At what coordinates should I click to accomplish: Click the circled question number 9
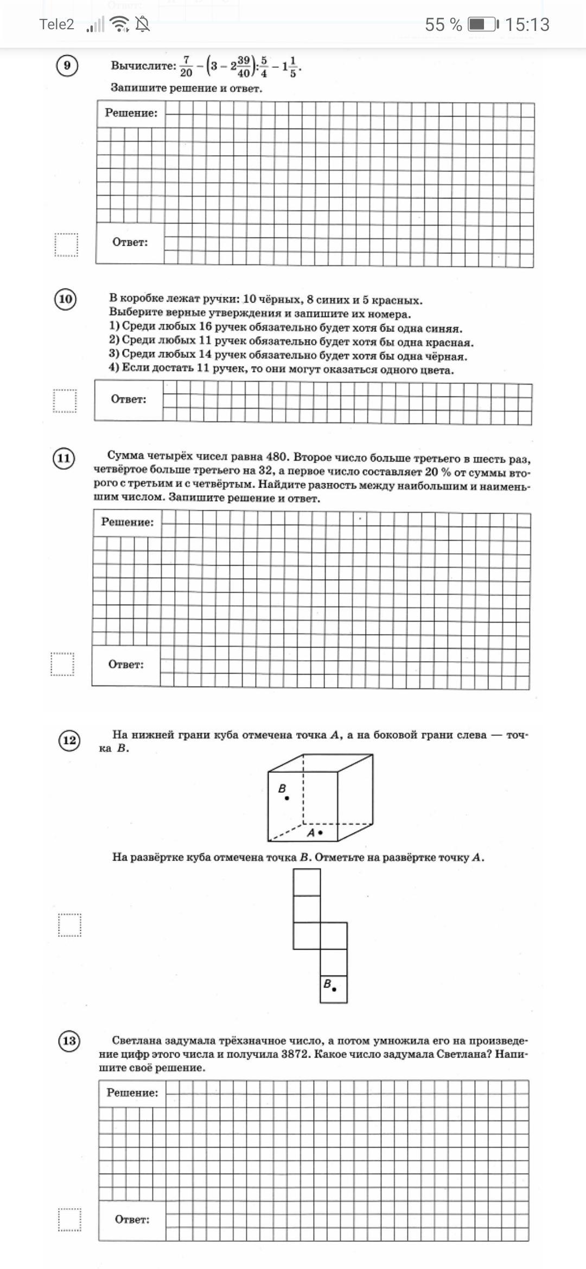pyautogui.click(x=67, y=66)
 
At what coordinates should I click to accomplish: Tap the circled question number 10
pyautogui.click(x=65, y=299)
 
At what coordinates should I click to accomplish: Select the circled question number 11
pyautogui.click(x=63, y=458)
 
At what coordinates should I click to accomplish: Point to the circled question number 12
pyautogui.click(x=69, y=740)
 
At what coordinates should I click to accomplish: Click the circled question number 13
pyautogui.click(x=69, y=1040)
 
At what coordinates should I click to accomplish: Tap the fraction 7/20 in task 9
pyautogui.click(x=186, y=66)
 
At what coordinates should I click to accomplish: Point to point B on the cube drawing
pyautogui.click(x=287, y=798)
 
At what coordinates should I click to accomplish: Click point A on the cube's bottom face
pyautogui.click(x=321, y=832)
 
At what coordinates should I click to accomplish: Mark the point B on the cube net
pyautogui.click(x=334, y=989)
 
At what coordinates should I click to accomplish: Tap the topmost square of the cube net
pyautogui.click(x=307, y=882)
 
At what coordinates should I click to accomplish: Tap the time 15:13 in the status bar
pyautogui.click(x=527, y=24)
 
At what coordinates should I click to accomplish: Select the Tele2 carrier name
pyautogui.click(x=56, y=24)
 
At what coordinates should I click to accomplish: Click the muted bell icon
pyautogui.click(x=143, y=24)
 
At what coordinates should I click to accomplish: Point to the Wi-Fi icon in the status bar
pyautogui.click(x=119, y=24)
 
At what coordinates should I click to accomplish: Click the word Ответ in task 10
pyautogui.click(x=129, y=399)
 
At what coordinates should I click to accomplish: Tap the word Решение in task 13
pyautogui.click(x=132, y=1092)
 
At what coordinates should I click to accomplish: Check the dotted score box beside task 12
pyautogui.click(x=69, y=925)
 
